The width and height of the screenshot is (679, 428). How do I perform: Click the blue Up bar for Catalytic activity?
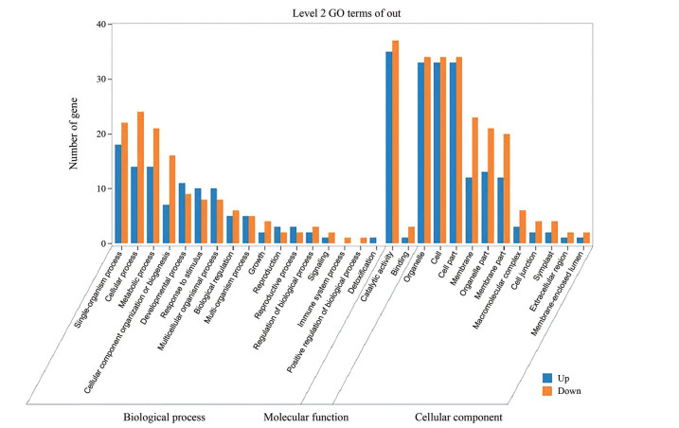388,148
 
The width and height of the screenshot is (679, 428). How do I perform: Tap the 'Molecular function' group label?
306,416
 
